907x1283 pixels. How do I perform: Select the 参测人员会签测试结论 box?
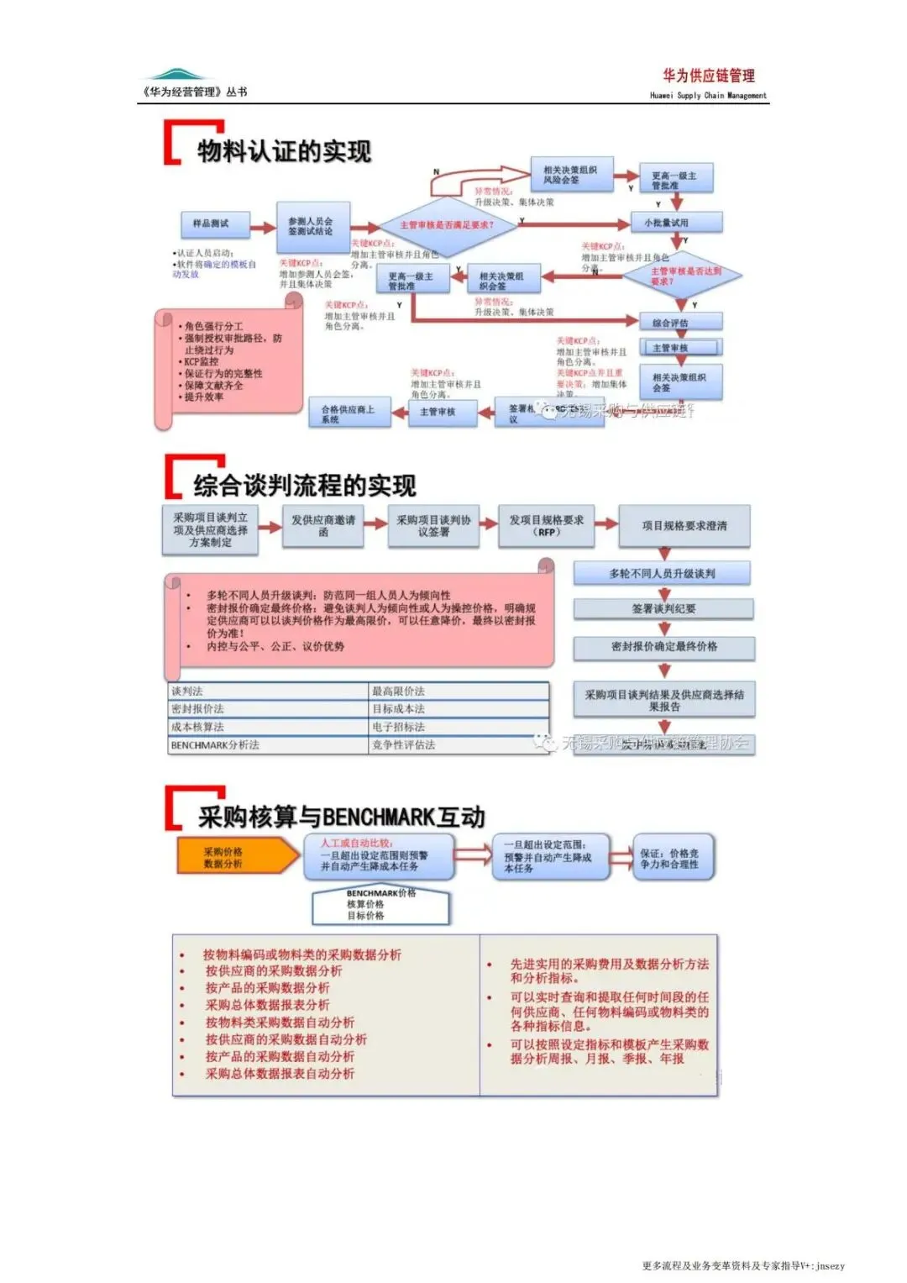point(312,226)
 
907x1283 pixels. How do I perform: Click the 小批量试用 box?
point(676,223)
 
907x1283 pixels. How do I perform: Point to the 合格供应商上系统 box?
point(349,412)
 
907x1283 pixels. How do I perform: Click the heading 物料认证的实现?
point(284,151)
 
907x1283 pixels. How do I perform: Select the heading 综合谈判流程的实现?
point(304,485)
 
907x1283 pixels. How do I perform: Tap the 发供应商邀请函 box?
point(323,526)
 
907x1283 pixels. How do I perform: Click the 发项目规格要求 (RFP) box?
point(547,526)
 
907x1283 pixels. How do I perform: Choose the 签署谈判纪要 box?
point(663,608)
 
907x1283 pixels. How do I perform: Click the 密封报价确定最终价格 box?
point(663,647)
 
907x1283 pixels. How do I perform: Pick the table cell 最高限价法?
point(459,691)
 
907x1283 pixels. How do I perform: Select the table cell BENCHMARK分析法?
point(267,745)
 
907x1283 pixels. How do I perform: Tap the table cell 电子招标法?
point(459,727)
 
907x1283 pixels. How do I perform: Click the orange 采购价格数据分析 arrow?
point(235,857)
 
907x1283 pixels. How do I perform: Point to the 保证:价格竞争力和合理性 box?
point(672,857)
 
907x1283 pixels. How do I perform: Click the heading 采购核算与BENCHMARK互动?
point(341,817)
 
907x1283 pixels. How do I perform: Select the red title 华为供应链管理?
point(708,76)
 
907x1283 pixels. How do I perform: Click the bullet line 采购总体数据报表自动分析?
point(280,1074)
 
